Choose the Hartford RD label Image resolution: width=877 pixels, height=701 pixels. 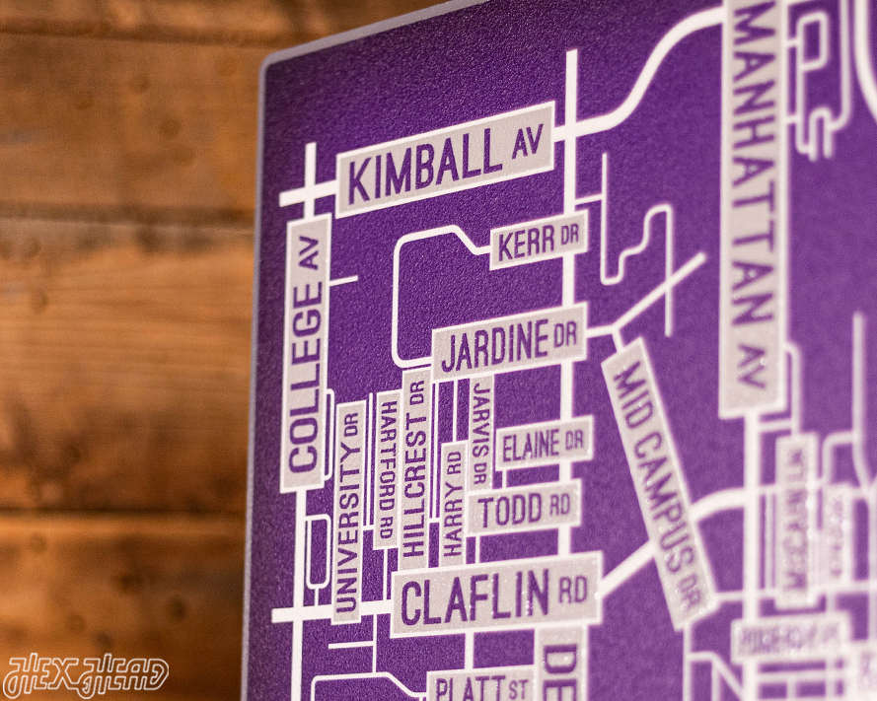(x=386, y=469)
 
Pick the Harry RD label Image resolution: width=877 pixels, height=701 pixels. (x=452, y=502)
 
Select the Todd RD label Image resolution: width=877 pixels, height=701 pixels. (x=524, y=508)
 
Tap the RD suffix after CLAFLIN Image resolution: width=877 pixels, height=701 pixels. (x=572, y=589)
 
